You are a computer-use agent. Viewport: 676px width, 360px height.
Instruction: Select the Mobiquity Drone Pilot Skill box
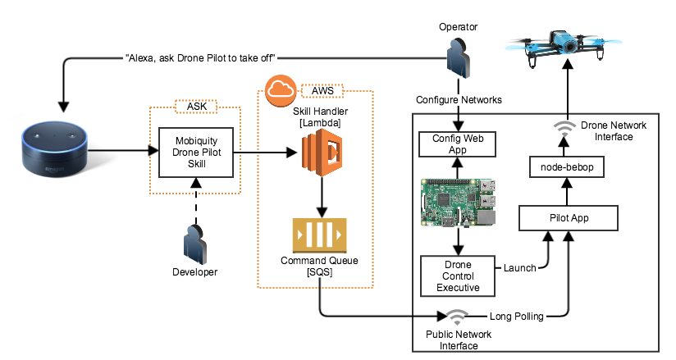193,151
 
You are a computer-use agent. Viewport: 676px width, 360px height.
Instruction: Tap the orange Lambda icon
318,153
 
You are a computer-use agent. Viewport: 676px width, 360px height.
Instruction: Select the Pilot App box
566,218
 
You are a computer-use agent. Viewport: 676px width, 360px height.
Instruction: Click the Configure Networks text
459,98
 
